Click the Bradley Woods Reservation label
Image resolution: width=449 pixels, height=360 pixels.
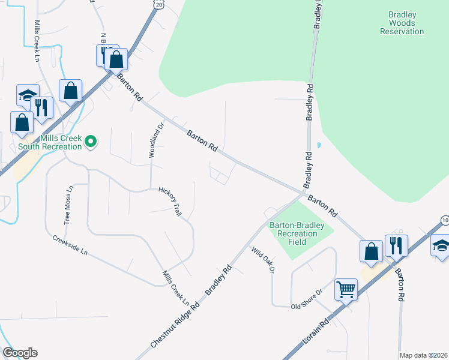(x=402, y=22)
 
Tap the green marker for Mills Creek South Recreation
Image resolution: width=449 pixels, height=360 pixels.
(x=91, y=142)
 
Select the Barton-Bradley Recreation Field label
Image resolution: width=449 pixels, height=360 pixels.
(x=297, y=233)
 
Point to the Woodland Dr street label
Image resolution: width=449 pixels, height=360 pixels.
(x=156, y=141)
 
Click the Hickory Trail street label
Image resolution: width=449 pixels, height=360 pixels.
(x=170, y=201)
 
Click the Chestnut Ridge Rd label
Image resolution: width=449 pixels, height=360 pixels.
(x=175, y=324)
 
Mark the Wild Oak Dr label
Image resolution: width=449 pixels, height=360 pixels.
(x=263, y=261)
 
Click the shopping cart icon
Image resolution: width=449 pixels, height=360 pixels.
(x=346, y=290)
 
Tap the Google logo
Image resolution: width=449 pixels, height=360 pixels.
(x=20, y=353)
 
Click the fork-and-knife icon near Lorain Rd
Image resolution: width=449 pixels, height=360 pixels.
(x=396, y=245)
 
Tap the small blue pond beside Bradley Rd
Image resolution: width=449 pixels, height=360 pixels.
(x=318, y=145)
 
